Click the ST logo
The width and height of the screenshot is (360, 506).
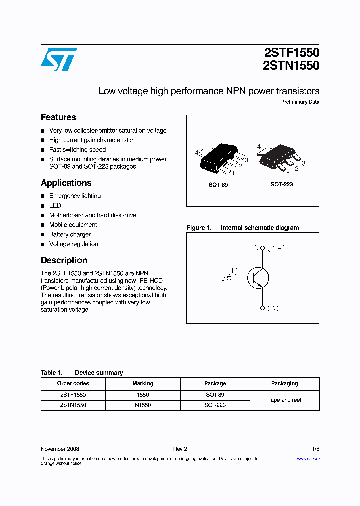coord(59,59)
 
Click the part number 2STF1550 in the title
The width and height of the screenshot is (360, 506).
coord(291,53)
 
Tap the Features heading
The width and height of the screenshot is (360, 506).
coord(58,117)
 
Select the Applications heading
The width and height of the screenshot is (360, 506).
coord(66,183)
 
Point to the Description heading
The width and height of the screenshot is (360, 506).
coord(64,260)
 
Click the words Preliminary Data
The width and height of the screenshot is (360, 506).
coord(300,102)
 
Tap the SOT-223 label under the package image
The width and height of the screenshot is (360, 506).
coord(282,184)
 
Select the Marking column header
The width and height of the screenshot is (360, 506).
coord(143,383)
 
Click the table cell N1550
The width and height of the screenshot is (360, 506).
coord(143,405)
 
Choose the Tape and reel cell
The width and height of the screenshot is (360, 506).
coord(285,400)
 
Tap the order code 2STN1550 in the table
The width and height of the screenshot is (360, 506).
coord(73,405)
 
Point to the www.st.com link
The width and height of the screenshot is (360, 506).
coord(308,459)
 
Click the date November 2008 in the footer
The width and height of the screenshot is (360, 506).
coord(60,449)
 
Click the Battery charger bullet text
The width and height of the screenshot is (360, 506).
coord(70,234)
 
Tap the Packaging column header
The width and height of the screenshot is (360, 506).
coord(285,383)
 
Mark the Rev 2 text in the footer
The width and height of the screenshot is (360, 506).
coord(180,449)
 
